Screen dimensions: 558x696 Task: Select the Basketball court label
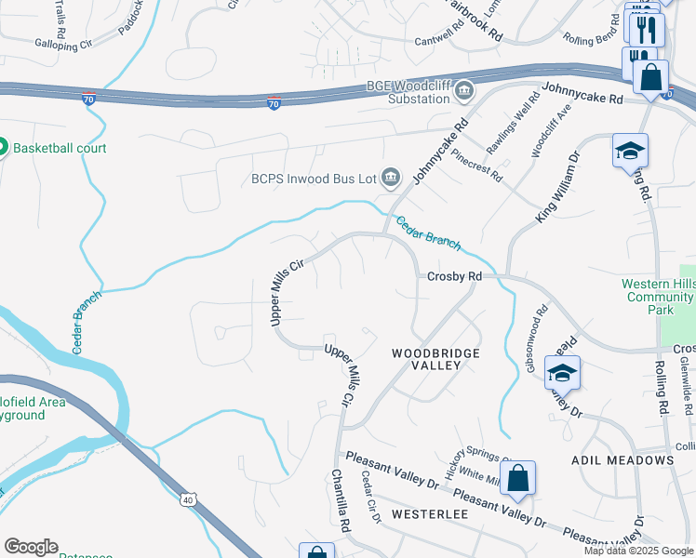pos(60,148)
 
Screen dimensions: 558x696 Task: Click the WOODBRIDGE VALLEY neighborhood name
pos(435,359)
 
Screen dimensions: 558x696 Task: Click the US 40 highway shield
pos(189,501)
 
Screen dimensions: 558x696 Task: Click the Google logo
pos(31,547)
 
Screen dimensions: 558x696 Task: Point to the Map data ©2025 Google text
pos(637,551)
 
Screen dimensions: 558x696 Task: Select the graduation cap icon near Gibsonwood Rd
pos(562,373)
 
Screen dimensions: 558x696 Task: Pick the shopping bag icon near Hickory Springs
pos(518,480)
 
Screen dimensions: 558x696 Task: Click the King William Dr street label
pos(556,189)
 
